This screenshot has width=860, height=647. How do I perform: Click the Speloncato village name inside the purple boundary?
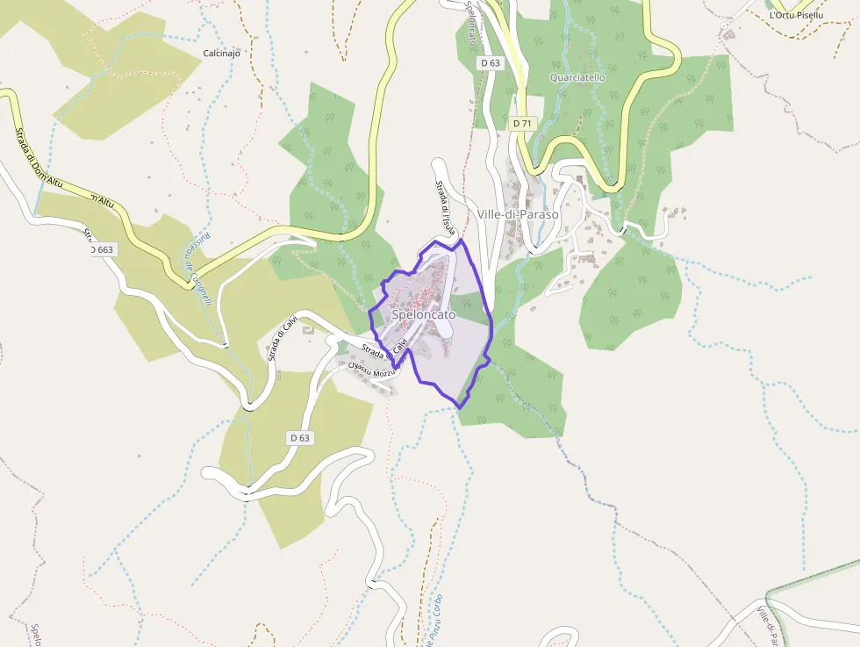423,314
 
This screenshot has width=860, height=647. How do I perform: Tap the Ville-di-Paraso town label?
518,214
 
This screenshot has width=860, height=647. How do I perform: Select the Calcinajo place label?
221,53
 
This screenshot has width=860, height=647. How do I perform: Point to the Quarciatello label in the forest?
577,77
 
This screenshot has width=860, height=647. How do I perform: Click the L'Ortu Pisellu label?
796,15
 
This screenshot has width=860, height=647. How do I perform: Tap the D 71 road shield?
522,124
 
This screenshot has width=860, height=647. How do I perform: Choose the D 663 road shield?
102,250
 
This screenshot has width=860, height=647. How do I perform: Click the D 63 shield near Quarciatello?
490,63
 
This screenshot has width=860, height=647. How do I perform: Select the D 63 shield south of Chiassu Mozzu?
299,437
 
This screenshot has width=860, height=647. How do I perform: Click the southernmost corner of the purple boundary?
458,406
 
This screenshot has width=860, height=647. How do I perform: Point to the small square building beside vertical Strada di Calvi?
308,330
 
